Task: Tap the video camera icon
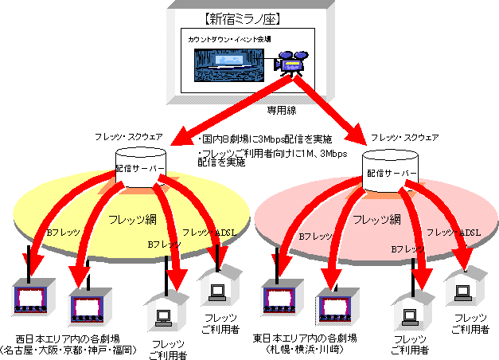[288, 62]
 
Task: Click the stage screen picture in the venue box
[231, 63]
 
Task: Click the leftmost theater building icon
[31, 298]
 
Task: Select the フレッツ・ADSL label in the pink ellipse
[453, 232]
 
